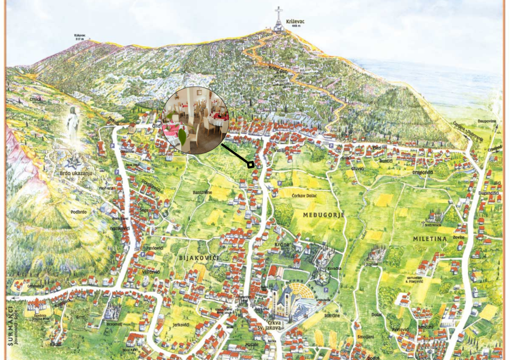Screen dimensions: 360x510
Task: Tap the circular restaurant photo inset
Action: (x=195, y=120)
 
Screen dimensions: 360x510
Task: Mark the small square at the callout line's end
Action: (x=252, y=164)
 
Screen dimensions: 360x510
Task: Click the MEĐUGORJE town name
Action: (x=324, y=214)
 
